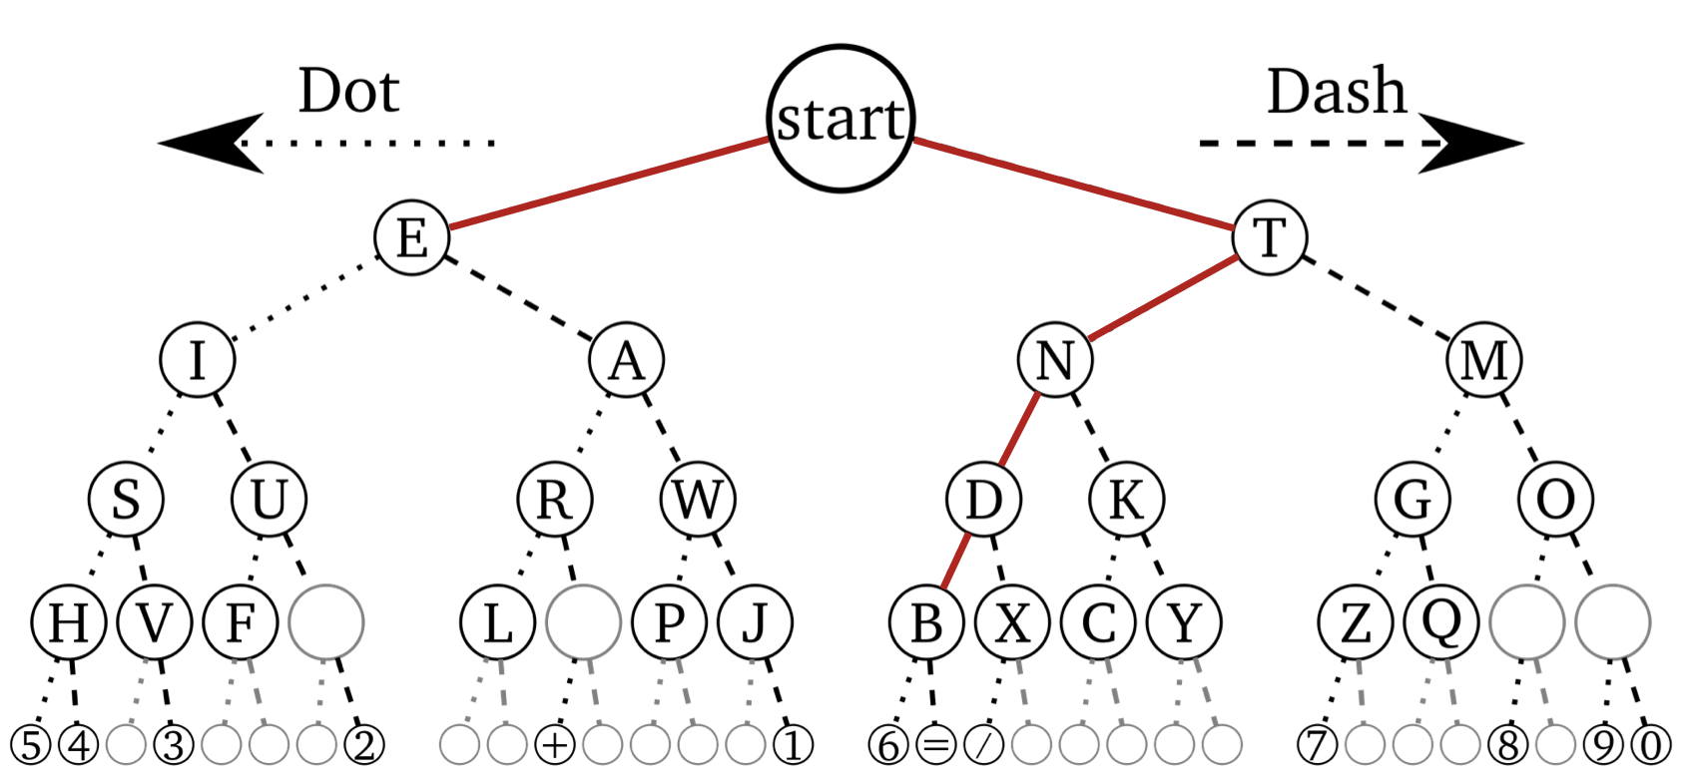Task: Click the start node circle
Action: click(x=841, y=118)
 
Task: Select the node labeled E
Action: click(x=412, y=237)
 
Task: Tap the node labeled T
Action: click(x=1270, y=237)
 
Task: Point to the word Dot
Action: click(x=348, y=92)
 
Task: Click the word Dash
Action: click(x=1336, y=92)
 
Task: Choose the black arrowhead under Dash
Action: click(x=1471, y=144)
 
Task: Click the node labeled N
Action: click(x=1055, y=360)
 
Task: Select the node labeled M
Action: click(x=1484, y=360)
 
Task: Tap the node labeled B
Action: click(x=926, y=622)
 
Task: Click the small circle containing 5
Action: click(x=30, y=745)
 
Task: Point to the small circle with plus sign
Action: click(x=555, y=745)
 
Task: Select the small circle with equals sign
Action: click(x=935, y=745)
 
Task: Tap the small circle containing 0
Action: click(x=1651, y=745)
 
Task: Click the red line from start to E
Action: click(x=609, y=184)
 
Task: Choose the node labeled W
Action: click(x=698, y=499)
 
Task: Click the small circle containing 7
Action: click(x=1317, y=745)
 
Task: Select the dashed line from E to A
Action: click(x=518, y=298)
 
